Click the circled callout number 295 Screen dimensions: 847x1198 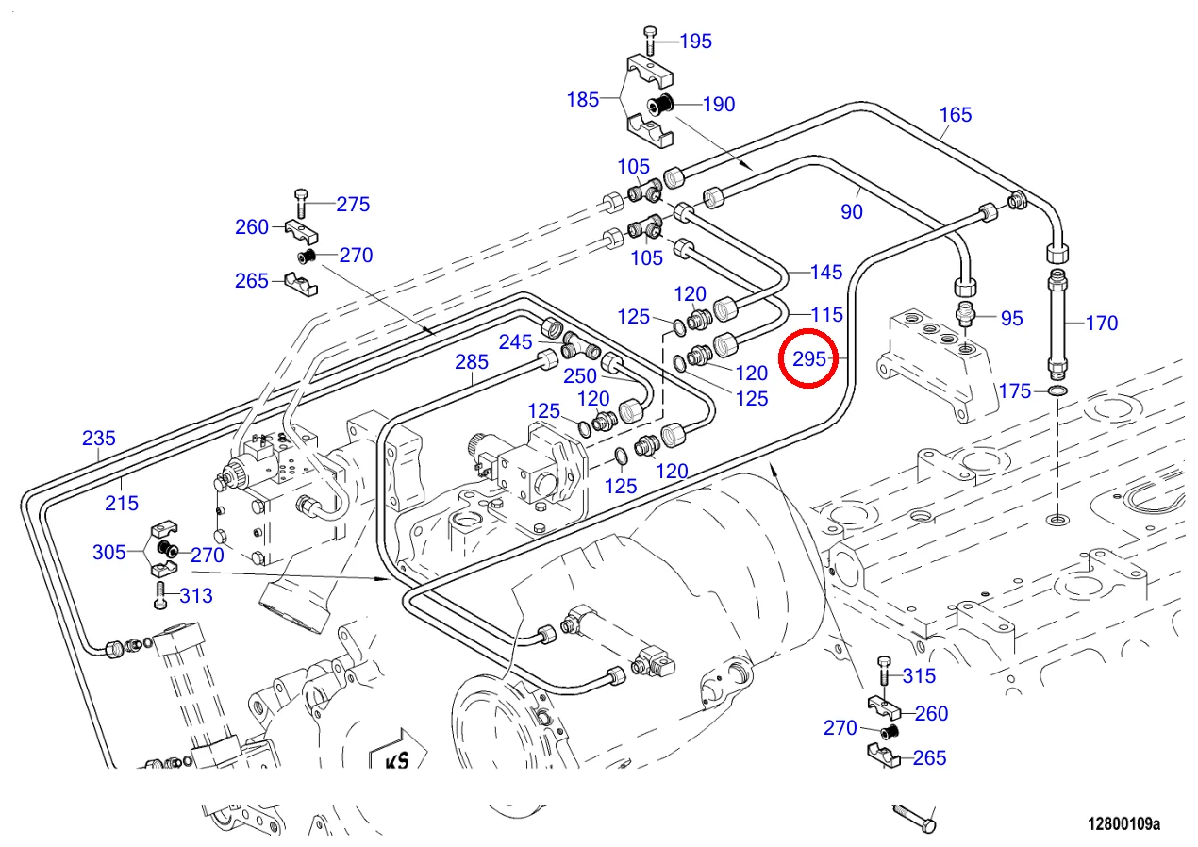(808, 359)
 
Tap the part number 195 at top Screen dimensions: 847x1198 (695, 41)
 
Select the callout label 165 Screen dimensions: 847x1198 (955, 115)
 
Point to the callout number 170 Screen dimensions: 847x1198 (1101, 323)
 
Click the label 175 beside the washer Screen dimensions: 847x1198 (1015, 390)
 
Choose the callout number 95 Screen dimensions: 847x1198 (1011, 318)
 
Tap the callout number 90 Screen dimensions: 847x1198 (852, 212)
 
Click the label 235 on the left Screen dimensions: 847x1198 (98, 438)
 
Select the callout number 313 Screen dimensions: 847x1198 (196, 595)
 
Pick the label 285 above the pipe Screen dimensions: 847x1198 (472, 361)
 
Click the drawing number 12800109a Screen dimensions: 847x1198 (1123, 824)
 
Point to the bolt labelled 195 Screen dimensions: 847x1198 (651, 42)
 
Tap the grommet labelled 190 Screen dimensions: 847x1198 (660, 106)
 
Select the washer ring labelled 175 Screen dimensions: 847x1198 (1058, 390)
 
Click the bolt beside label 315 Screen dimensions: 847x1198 (884, 673)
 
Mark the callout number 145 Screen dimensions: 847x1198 (826, 272)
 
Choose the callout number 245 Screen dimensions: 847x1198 (516, 341)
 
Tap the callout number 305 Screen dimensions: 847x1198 (108, 552)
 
